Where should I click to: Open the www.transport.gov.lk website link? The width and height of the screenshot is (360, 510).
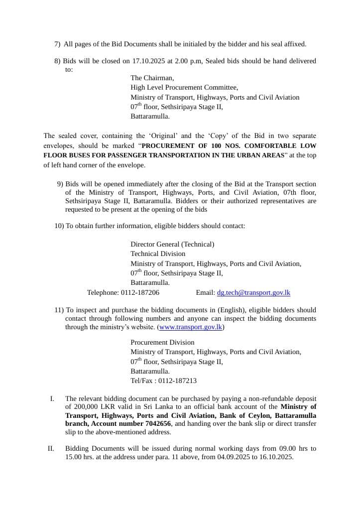pyautogui.click(x=190, y=327)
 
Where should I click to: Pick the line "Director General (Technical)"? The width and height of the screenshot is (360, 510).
pyautogui.click(x=172, y=244)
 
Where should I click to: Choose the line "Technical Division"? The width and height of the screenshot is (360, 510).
pyautogui.click(x=158, y=254)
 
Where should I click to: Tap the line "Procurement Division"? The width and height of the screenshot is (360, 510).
pyautogui.click(x=162, y=342)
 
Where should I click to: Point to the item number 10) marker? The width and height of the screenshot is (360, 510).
pyautogui.click(x=59, y=226)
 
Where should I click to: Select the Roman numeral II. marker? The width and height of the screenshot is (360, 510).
pyautogui.click(x=51, y=448)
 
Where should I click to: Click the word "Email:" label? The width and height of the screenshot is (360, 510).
pyautogui.click(x=205, y=293)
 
